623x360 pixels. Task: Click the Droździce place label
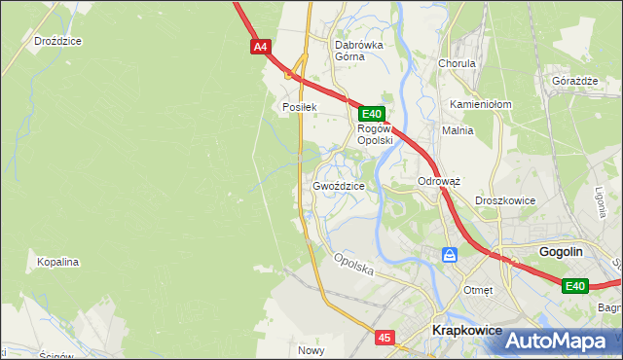click(56, 42)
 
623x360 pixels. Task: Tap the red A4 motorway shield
click(259, 46)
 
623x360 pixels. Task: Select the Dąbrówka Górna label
click(359, 51)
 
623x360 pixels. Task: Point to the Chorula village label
click(457, 63)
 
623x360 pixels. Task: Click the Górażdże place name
click(573, 81)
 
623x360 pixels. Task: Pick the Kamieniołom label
click(481, 104)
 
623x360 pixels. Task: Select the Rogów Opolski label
click(375, 134)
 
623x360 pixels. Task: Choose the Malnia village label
click(457, 130)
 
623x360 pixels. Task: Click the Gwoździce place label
click(339, 186)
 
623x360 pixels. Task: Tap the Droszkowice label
click(505, 200)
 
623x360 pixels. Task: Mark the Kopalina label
click(57, 263)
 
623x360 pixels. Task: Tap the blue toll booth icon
click(450, 255)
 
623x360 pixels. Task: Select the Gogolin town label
click(561, 251)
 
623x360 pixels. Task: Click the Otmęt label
click(478, 290)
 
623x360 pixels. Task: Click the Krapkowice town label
click(466, 331)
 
